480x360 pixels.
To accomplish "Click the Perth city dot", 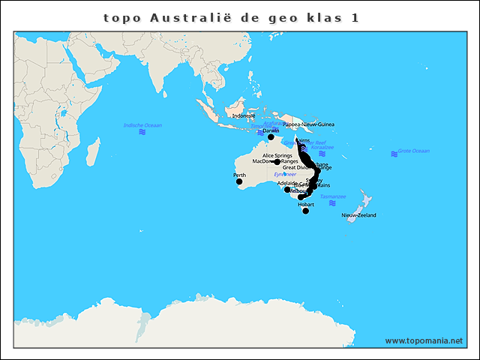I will [x=239, y=181].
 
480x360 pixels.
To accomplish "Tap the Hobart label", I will [x=306, y=204].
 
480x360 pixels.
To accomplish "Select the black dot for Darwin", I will [x=271, y=137].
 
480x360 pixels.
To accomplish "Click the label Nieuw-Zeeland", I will [x=358, y=215].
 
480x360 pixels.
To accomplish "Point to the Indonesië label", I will [x=244, y=115].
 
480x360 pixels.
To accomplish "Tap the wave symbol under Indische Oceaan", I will [x=142, y=132].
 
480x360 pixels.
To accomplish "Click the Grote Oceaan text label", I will [x=413, y=151].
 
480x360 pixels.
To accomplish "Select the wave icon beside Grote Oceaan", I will [x=394, y=154].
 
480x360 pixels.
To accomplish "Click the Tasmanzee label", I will [x=333, y=196].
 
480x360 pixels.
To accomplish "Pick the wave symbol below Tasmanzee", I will [x=332, y=203].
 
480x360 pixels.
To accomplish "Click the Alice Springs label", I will [x=277, y=155].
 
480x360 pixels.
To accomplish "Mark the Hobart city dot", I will [x=306, y=211].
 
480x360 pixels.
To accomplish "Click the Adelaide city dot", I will [x=287, y=190].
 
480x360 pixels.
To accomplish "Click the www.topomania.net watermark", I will [x=424, y=341].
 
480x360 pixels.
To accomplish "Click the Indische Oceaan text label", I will [x=142, y=125].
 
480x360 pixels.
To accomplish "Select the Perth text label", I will [x=240, y=175].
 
